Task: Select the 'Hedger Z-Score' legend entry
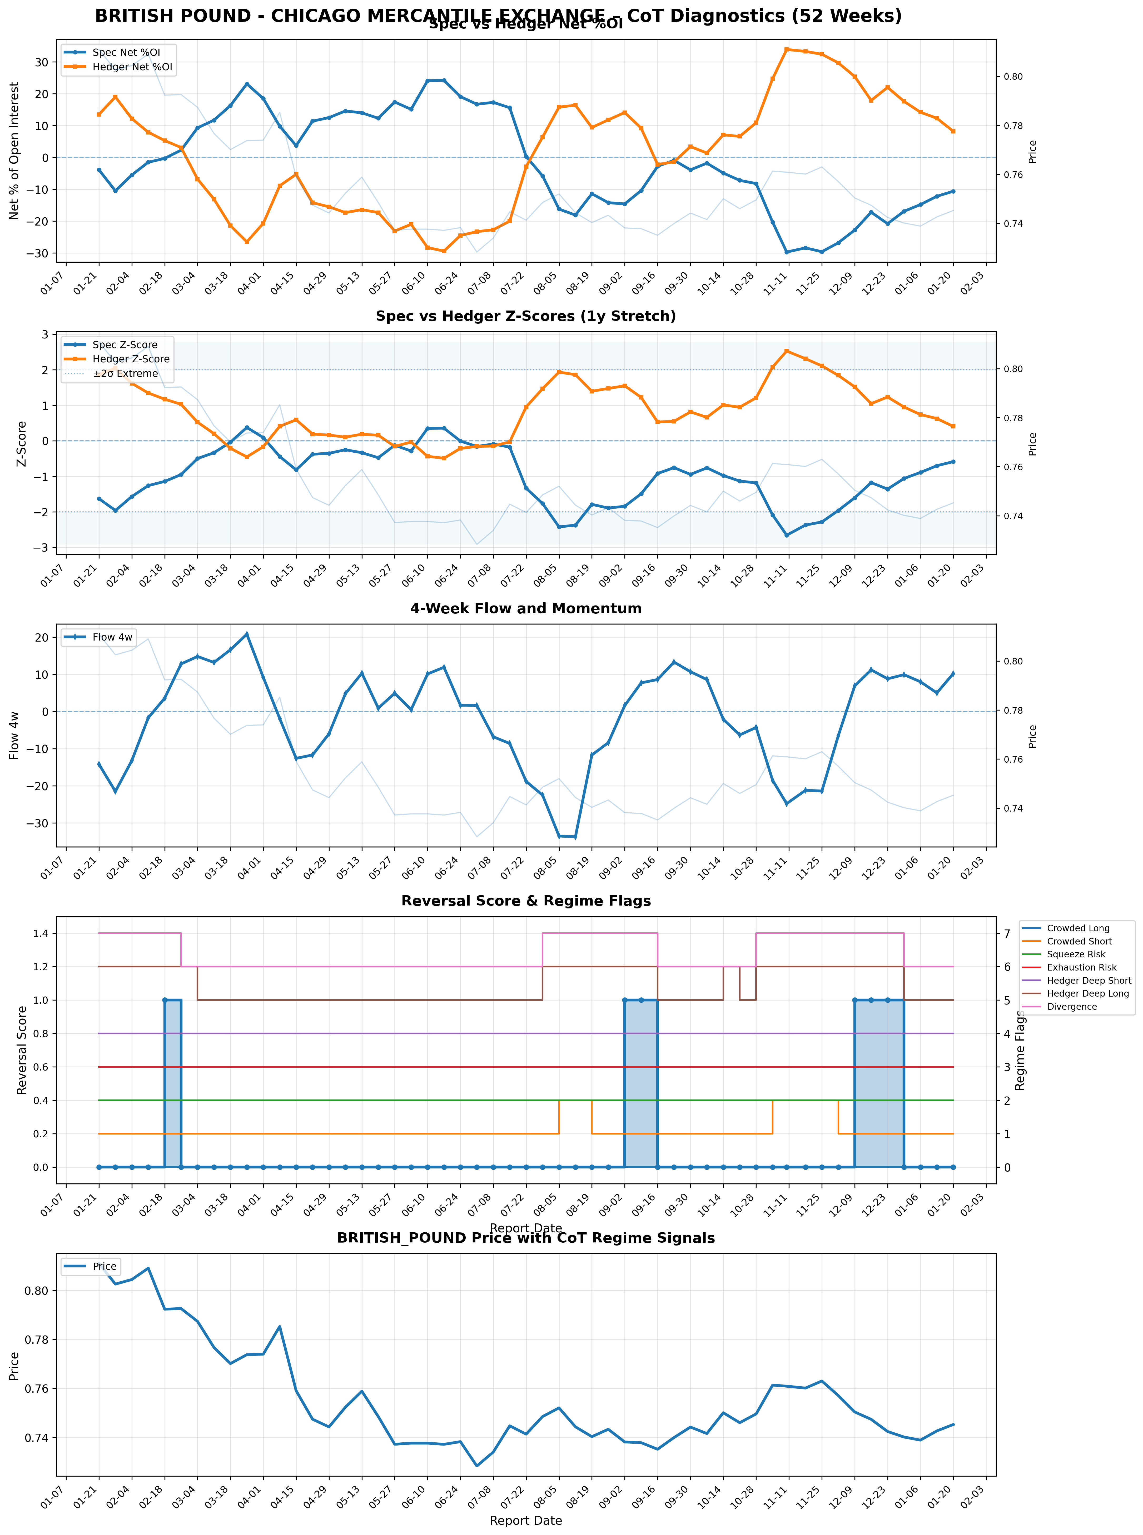point(131,359)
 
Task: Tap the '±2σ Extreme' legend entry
point(125,373)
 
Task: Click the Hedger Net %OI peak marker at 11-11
point(787,49)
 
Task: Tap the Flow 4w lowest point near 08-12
point(575,837)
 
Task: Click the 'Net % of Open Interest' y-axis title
point(14,151)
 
